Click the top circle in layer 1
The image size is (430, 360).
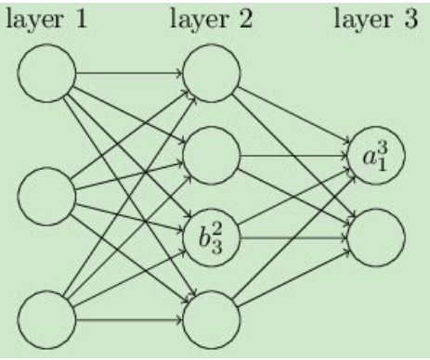point(46,71)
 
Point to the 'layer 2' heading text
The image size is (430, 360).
point(212,19)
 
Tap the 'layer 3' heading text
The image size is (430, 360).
point(377,19)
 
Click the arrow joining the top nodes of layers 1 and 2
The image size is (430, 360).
point(130,71)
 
